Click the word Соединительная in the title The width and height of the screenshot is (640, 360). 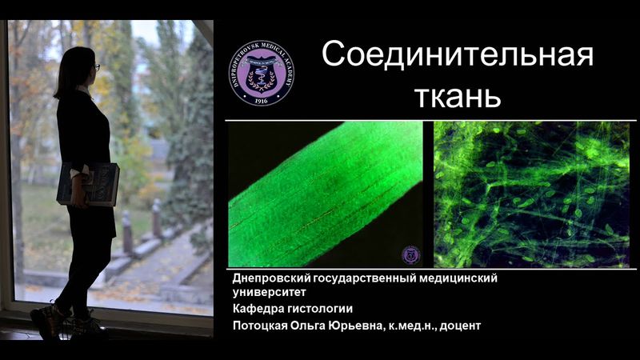coord(458,57)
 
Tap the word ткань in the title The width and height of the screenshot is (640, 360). coord(458,96)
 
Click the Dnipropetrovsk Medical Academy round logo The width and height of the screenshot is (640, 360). coord(261,73)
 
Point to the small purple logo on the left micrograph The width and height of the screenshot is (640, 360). coord(410,255)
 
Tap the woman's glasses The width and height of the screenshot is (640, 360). coord(95,67)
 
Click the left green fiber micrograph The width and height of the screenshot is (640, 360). coord(326,194)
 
